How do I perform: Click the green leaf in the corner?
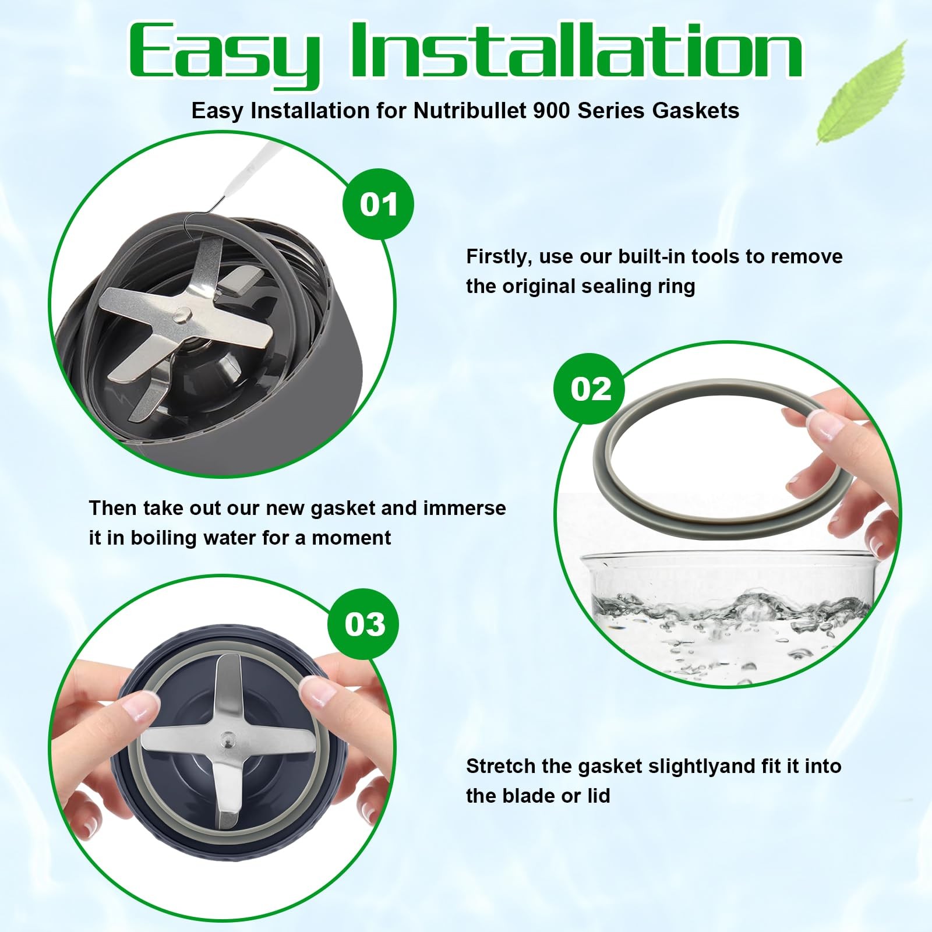[x=862, y=93]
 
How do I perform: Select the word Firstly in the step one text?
[x=499, y=257]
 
